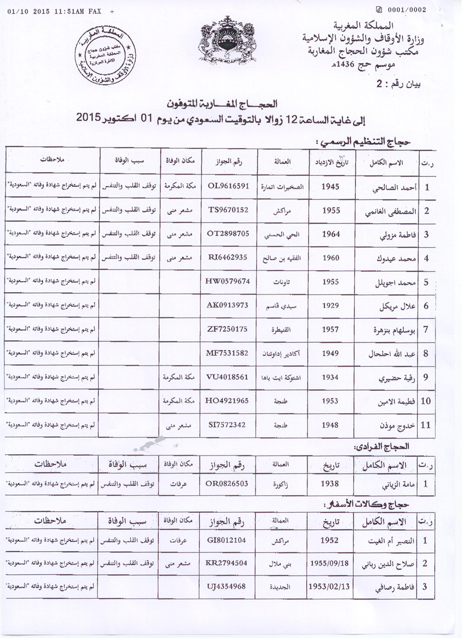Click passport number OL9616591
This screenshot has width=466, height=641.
pos(228,186)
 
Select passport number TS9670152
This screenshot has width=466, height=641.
pos(228,210)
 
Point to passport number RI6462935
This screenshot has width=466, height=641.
pos(228,258)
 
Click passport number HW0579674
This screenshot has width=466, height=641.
pos(228,282)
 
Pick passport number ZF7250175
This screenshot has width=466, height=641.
pos(228,329)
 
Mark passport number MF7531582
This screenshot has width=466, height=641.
pos(228,353)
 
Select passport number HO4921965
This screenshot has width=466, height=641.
pos(228,401)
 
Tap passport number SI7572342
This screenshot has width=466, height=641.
pos(228,425)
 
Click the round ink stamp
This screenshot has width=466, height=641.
pos(106,55)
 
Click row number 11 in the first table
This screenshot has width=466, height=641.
pos(426,425)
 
